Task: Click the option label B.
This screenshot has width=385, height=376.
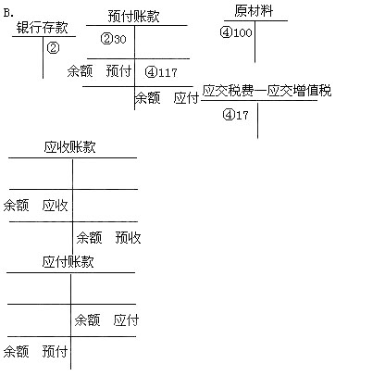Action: click(8, 13)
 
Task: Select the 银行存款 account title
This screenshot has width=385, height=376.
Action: click(42, 27)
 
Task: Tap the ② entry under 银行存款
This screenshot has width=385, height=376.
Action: click(53, 48)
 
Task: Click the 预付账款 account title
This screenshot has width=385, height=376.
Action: click(134, 16)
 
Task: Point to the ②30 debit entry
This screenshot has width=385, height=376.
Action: click(114, 39)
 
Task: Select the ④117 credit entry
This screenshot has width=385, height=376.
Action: click(161, 72)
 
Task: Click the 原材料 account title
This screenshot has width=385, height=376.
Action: click(254, 11)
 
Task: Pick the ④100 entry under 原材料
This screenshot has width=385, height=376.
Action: click(236, 32)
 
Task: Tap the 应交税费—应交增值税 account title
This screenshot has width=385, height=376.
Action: click(267, 91)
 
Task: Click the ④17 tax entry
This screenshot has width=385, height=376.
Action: click(235, 115)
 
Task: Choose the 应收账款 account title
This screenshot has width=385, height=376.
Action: click(69, 147)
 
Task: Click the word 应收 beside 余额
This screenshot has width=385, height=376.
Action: click(55, 206)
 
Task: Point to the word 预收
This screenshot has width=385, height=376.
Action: click(128, 238)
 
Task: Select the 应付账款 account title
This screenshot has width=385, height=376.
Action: click(68, 262)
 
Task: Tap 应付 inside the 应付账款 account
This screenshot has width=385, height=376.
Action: click(126, 320)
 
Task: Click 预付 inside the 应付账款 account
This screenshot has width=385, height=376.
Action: click(55, 352)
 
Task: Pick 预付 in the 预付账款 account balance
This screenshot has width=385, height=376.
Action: click(118, 70)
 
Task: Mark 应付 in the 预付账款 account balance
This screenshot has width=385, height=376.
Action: click(186, 98)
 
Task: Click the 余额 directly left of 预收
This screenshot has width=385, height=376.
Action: click(89, 238)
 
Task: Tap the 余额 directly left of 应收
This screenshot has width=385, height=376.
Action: click(17, 206)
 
